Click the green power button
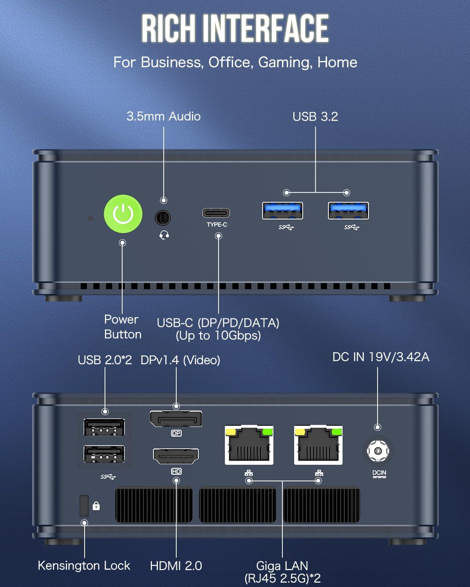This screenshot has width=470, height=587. click(123, 214)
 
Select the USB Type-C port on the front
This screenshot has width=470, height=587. click(216, 213)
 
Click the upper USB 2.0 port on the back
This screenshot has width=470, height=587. click(104, 427)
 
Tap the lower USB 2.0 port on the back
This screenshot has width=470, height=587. click(104, 455)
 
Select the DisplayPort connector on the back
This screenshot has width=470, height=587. click(176, 419)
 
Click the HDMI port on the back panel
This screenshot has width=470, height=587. click(176, 456)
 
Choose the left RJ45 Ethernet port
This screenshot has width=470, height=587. click(249, 446)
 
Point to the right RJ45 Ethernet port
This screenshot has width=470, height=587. click(318, 446)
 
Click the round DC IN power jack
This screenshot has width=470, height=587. click(378, 450)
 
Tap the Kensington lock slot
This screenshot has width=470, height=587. click(84, 506)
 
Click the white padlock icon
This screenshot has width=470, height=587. click(96, 506)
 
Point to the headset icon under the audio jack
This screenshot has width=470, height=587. click(164, 235)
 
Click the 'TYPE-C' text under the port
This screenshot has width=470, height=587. click(217, 225)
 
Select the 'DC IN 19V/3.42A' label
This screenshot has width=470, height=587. click(381, 357)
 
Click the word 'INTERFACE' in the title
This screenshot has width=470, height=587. click(268, 28)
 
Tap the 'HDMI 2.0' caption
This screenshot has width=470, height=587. click(176, 565)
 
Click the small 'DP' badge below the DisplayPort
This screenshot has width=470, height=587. click(176, 434)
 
